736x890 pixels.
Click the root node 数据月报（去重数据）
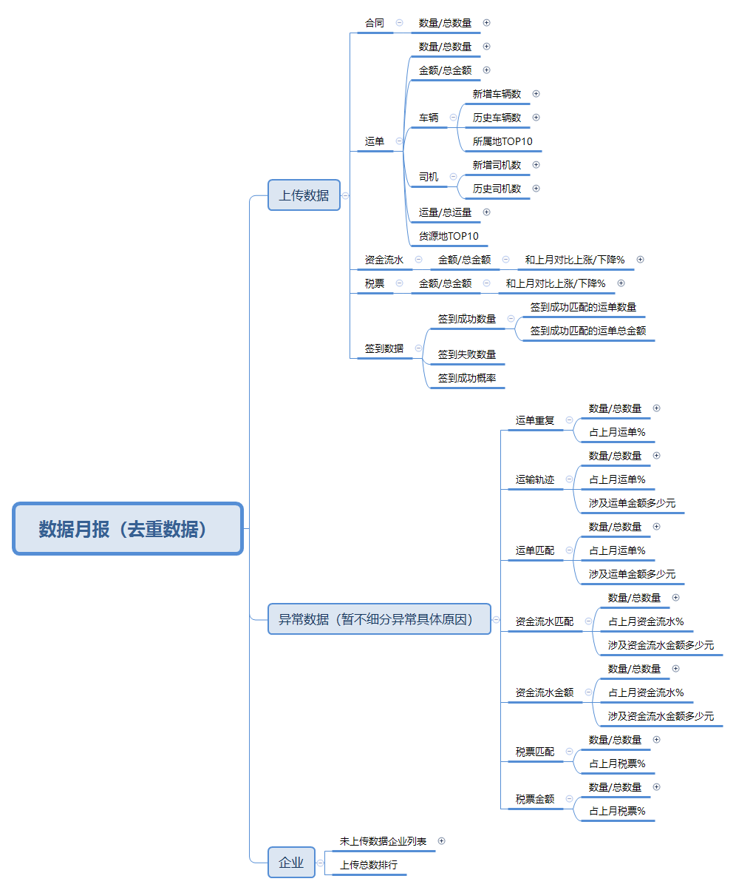coord(128,529)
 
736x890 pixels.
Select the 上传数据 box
coord(304,195)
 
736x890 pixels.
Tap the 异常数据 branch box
coord(379,619)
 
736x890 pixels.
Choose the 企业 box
coord(291,863)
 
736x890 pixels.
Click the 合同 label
coord(375,23)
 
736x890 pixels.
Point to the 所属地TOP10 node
coord(502,141)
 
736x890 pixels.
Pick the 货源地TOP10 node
coord(449,236)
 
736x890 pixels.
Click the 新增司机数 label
coord(497,165)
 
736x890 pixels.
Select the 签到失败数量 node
coord(466,354)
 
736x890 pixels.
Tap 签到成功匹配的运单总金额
coord(587,331)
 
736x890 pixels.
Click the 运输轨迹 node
coord(534,479)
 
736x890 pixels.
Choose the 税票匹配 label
coord(534,752)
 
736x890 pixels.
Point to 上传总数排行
coord(369,865)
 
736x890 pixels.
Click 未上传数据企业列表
coord(383,841)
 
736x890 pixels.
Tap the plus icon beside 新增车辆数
coord(536,94)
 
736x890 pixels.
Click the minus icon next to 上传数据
coord(345,196)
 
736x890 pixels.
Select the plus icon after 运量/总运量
coord(486,212)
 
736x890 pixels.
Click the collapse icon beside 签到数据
coord(419,348)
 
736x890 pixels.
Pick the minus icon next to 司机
coord(453,177)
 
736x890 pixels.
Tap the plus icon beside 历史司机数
coord(536,189)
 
